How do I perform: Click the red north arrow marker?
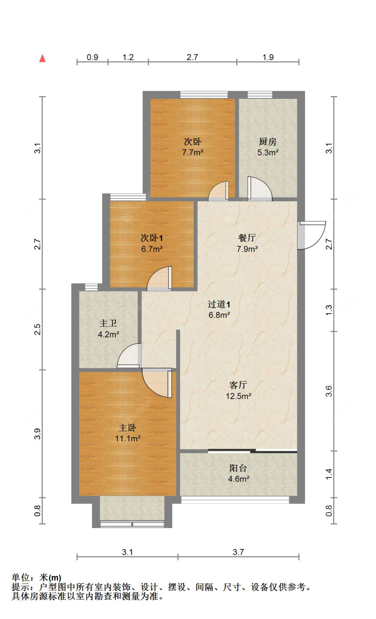(42, 58)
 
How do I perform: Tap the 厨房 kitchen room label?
(268, 142)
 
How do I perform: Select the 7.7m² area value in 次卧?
(193, 153)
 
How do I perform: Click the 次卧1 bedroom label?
(152, 238)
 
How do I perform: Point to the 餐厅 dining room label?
(247, 238)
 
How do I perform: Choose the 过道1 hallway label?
(219, 304)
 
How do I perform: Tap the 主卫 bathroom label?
(108, 323)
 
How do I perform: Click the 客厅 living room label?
(238, 385)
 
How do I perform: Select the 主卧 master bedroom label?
(128, 428)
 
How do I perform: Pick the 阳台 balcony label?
(238, 468)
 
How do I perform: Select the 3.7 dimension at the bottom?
(238, 552)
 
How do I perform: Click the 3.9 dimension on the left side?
(37, 434)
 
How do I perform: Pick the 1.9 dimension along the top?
(268, 57)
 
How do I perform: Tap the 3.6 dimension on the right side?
(329, 391)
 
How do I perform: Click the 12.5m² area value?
(238, 396)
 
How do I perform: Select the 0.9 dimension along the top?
(93, 57)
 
